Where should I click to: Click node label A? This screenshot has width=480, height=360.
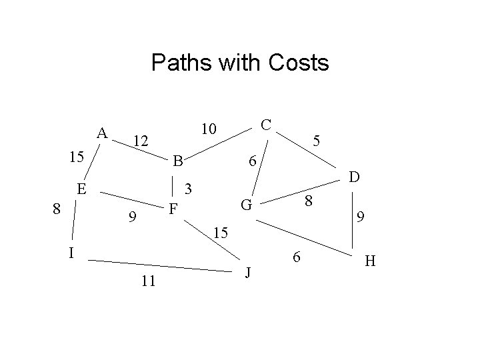(102, 133)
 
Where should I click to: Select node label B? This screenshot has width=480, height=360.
(177, 161)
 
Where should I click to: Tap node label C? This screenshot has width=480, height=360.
(265, 125)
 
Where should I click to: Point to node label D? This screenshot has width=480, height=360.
(355, 177)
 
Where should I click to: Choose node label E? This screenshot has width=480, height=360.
(81, 189)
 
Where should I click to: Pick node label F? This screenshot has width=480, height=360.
(173, 210)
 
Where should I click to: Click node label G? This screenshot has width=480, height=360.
(246, 205)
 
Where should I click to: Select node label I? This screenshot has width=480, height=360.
(71, 253)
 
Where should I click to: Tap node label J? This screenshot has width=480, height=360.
(248, 274)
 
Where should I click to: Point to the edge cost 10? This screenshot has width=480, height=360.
(209, 129)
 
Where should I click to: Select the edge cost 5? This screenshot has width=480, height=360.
(318, 141)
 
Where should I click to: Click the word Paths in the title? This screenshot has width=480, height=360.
(179, 63)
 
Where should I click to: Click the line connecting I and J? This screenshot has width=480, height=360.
(160, 265)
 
